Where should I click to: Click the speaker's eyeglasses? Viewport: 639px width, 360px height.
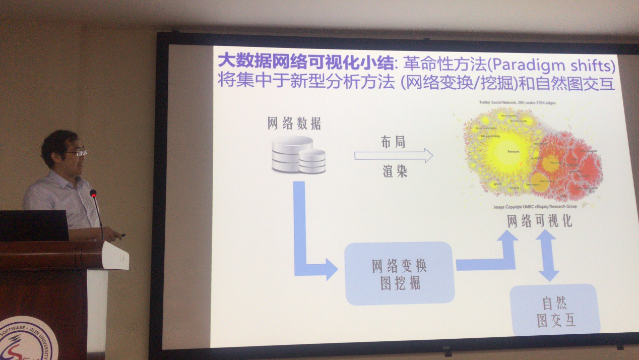pyautogui.click(x=78, y=153)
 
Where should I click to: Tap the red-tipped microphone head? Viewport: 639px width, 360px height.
pyautogui.click(x=93, y=193)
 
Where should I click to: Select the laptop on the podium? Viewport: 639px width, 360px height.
pyautogui.click(x=34, y=225)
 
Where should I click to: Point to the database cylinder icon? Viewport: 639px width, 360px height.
pyautogui.click(x=298, y=154)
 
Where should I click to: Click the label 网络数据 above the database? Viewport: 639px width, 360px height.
pyautogui.click(x=294, y=124)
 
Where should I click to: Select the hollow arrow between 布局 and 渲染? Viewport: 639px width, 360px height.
pyautogui.click(x=393, y=156)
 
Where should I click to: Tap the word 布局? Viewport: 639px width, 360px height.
pyautogui.click(x=393, y=142)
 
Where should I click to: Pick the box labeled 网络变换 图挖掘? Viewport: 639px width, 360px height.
pyautogui.click(x=399, y=273)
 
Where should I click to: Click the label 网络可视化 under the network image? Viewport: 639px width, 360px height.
pyautogui.click(x=540, y=221)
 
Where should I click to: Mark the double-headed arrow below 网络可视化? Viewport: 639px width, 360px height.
pyautogui.click(x=548, y=255)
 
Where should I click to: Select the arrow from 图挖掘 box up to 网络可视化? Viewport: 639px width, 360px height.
pyautogui.click(x=494, y=255)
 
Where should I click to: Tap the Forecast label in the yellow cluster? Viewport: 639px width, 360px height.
pyautogui.click(x=514, y=151)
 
